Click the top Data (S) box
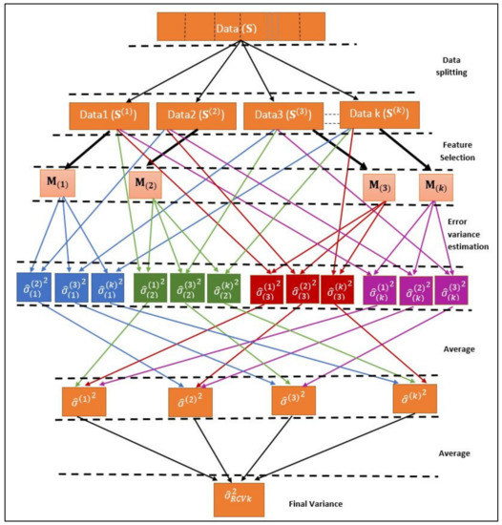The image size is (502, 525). coord(247,26)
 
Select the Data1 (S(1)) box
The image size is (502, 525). coord(107,115)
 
